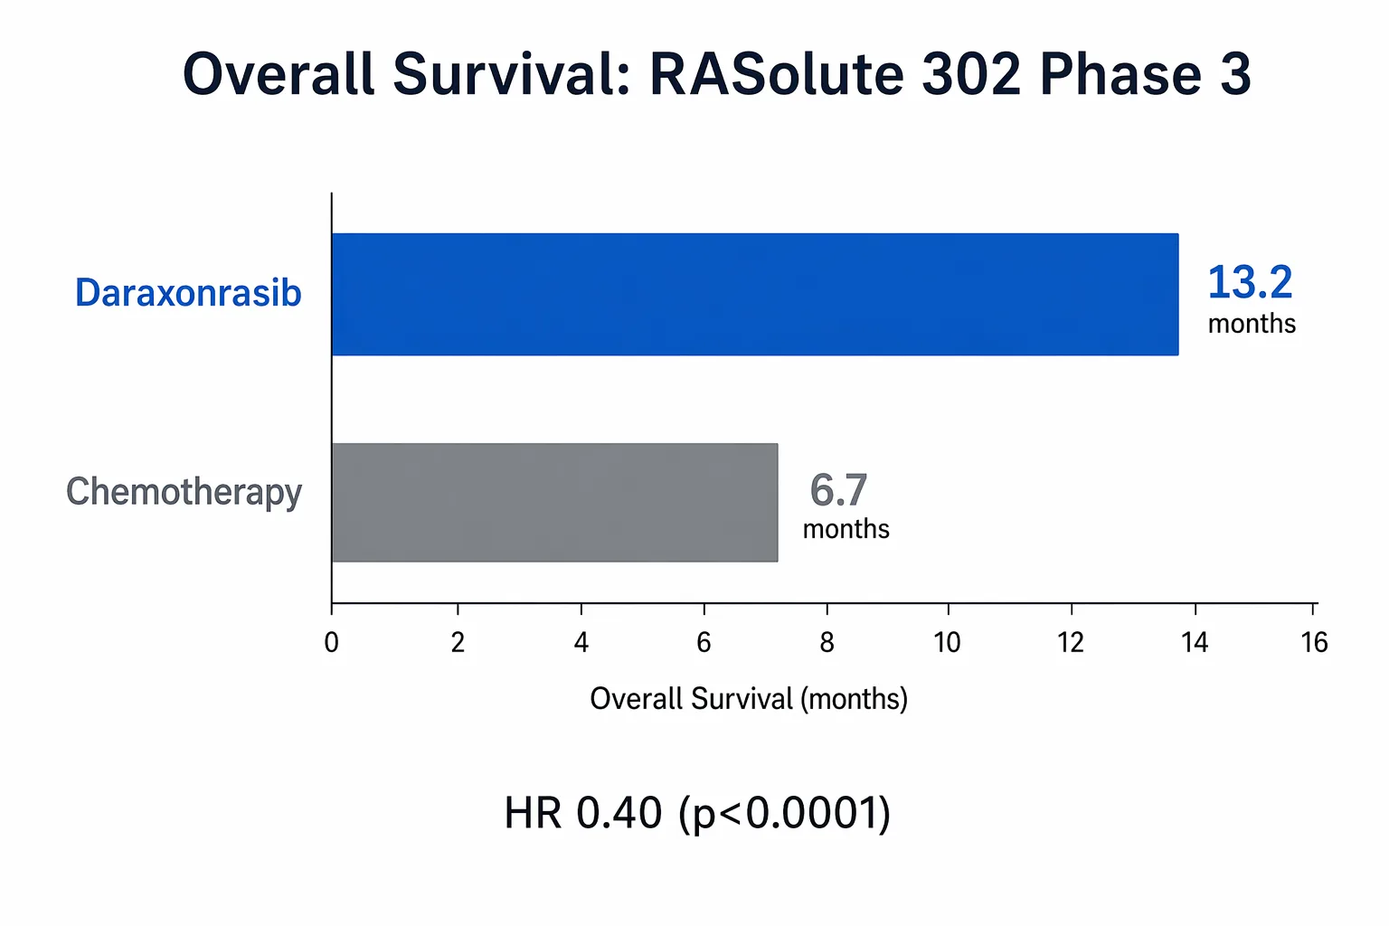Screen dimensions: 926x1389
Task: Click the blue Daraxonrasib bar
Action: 754,294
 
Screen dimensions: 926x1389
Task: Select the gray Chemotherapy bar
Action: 554,502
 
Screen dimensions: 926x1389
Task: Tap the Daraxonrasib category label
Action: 188,293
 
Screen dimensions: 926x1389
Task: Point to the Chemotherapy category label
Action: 184,492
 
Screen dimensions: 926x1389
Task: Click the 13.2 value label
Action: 1250,282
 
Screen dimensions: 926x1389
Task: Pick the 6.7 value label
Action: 838,490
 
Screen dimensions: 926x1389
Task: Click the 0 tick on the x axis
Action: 332,642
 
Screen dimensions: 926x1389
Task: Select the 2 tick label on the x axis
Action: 458,642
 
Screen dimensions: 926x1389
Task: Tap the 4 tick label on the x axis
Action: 581,642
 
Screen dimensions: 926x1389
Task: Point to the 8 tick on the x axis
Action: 827,642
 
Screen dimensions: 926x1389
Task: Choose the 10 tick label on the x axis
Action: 947,642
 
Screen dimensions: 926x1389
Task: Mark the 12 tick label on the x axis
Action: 1071,642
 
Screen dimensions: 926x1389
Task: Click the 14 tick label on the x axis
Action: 1195,642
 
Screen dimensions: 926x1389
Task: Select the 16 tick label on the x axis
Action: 1314,642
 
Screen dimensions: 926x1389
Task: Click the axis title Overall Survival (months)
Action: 748,699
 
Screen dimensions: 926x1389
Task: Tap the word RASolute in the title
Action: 776,74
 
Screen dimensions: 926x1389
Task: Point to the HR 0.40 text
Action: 583,812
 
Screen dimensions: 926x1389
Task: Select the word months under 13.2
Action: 1252,324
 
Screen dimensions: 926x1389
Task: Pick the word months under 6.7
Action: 846,529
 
